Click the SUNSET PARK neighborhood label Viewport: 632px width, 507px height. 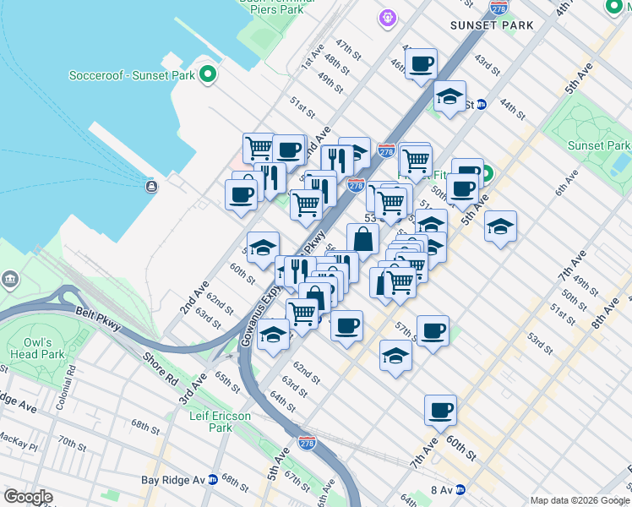492,25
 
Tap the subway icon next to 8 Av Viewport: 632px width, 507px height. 460,489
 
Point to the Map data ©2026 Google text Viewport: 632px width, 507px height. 580,500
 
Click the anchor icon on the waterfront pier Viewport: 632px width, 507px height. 151,186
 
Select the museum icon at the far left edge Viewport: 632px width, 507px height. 9,279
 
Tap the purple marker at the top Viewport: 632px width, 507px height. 388,17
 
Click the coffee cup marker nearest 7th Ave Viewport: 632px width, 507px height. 440,411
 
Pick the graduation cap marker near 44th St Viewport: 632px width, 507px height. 450,95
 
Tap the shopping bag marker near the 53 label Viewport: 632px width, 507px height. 362,239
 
